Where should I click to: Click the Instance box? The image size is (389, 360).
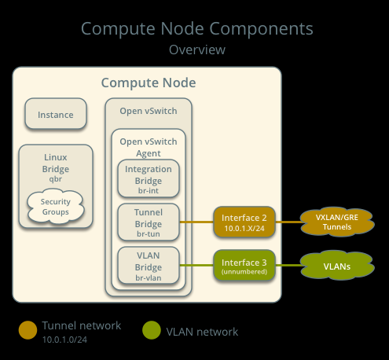point(56,113)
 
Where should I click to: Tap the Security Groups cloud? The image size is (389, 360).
point(56,207)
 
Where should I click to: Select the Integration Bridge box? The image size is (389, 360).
point(149,178)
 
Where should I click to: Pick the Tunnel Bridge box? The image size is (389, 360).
point(149,222)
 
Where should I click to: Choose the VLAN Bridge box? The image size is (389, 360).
point(149,266)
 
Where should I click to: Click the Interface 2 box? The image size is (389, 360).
point(244,222)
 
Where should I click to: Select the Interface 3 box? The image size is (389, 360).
point(244,266)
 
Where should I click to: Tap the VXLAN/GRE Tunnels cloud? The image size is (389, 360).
point(337,222)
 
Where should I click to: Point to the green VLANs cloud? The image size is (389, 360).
point(337,266)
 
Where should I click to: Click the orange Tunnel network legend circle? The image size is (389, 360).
point(28,330)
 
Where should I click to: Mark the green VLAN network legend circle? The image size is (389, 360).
point(152,330)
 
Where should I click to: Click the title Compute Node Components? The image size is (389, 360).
point(197,28)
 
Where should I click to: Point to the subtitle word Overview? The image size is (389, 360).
point(197,50)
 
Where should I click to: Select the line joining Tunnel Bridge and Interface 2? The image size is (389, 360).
point(196,222)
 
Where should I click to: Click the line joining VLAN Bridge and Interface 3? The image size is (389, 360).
point(196,266)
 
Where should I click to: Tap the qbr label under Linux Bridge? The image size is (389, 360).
point(56,179)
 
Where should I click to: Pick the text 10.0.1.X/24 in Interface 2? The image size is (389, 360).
point(244,229)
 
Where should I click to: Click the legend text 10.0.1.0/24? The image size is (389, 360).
point(64,340)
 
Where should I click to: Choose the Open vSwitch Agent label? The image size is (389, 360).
point(149,147)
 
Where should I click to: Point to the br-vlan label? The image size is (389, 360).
point(149,277)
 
